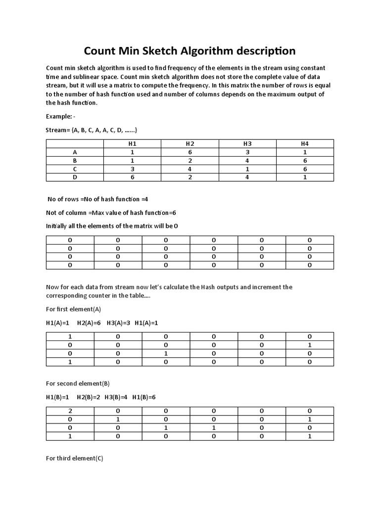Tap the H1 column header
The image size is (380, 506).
132,144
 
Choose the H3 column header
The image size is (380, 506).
247,144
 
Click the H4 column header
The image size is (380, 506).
305,144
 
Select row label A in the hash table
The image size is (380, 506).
75,153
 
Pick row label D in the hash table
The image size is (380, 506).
75,177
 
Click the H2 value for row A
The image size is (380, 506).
190,153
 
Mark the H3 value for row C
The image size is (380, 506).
247,169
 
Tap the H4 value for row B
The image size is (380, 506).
305,161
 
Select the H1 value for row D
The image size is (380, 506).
132,177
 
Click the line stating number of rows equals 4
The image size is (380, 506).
98,199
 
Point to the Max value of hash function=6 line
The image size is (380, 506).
111,212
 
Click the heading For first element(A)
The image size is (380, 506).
73,309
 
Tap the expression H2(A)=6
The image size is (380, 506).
89,323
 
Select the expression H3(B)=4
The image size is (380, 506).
116,397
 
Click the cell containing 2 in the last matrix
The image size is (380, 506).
70,411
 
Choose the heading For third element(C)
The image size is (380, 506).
74,459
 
